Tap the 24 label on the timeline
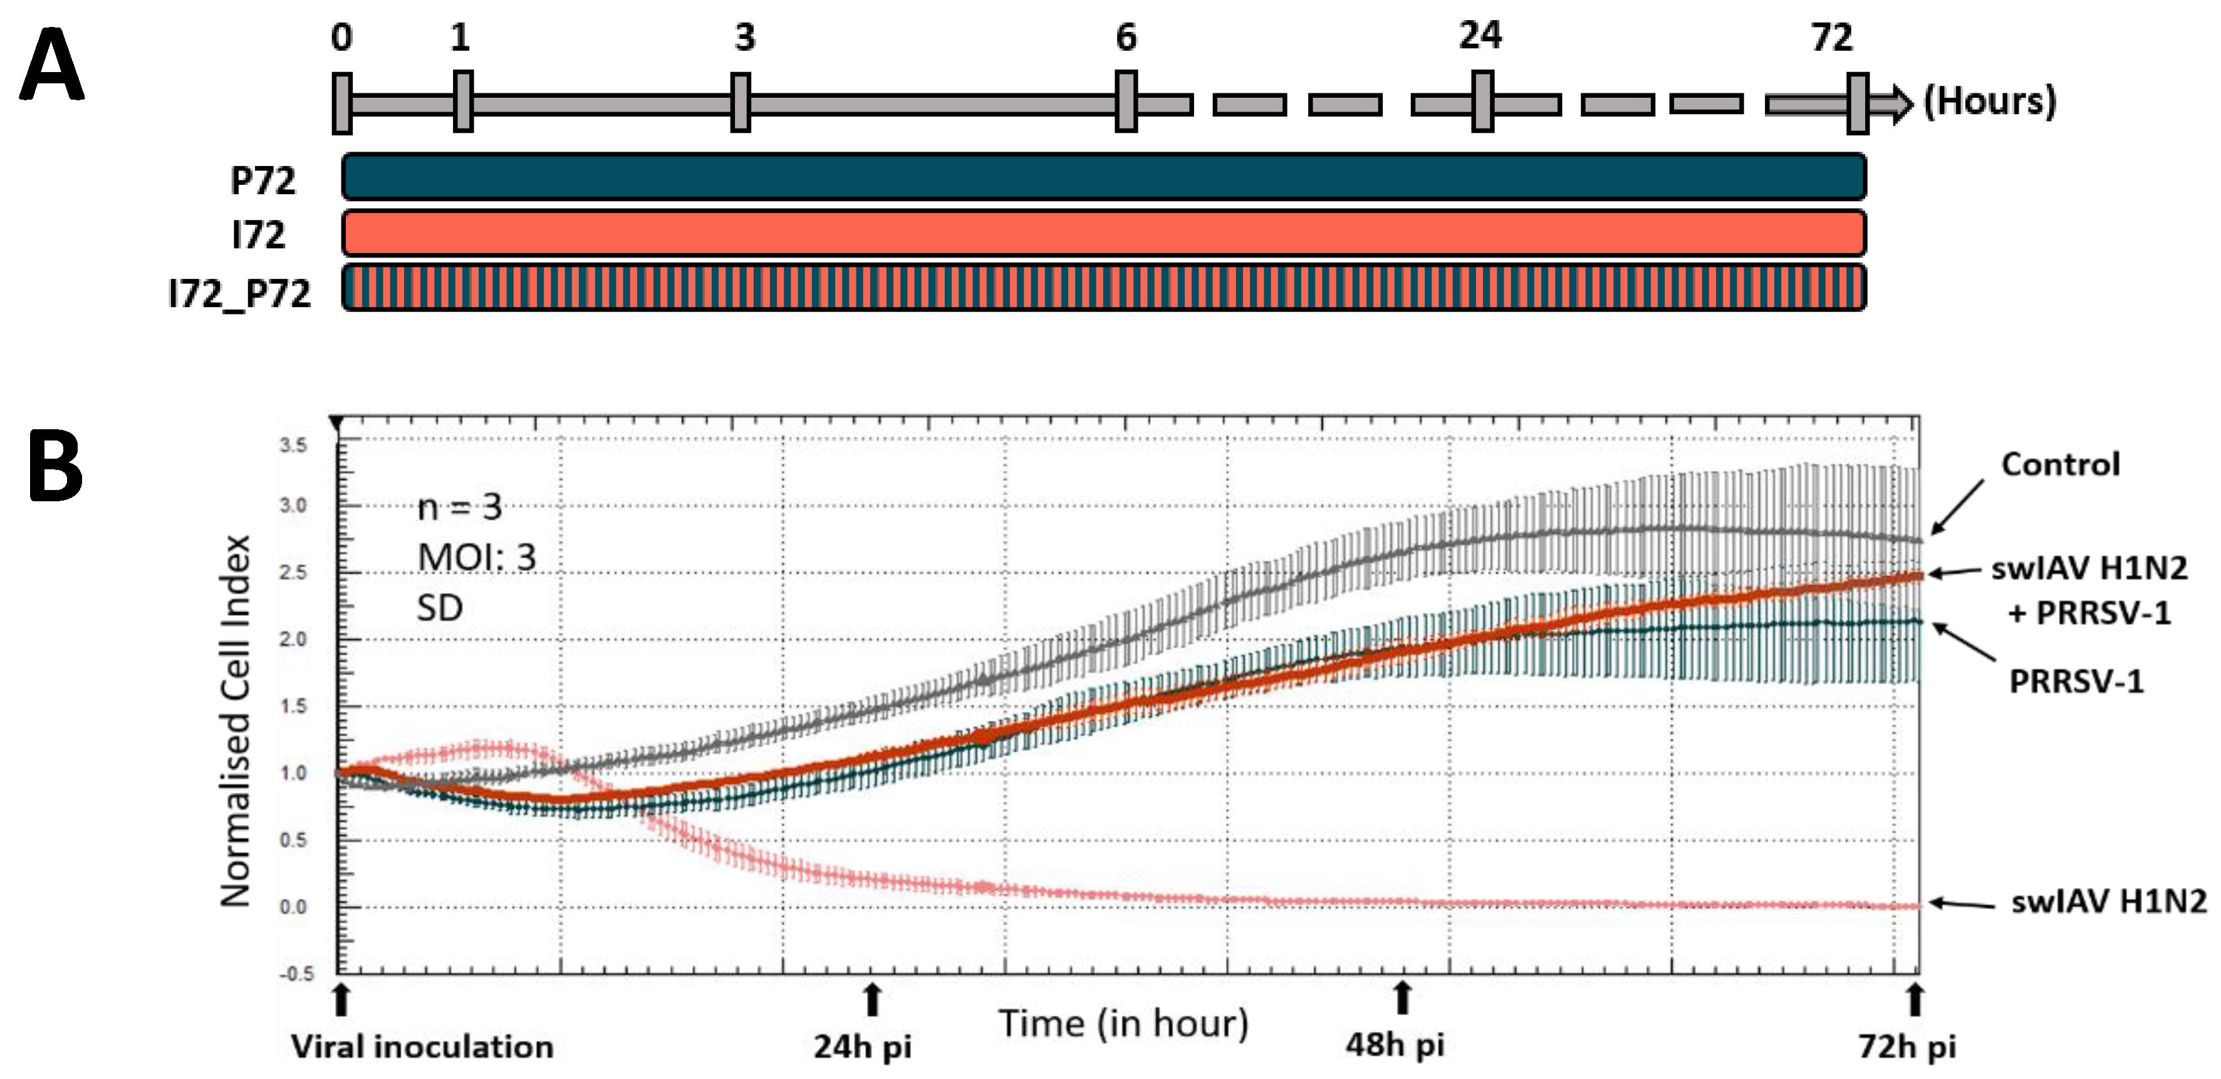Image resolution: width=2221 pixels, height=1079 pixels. pyautogui.click(x=1479, y=36)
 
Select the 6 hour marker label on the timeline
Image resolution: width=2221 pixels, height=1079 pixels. pyautogui.click(x=1126, y=38)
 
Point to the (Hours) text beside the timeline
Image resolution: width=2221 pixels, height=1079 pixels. pyautogui.click(x=1989, y=102)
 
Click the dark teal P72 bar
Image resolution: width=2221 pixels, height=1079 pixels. pyautogui.click(x=1103, y=177)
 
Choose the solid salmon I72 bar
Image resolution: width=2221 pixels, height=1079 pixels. pyautogui.click(x=1103, y=233)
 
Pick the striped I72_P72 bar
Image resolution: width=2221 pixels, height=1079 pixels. pyautogui.click(x=1103, y=288)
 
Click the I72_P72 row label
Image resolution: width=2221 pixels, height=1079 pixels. pyautogui.click(x=240, y=294)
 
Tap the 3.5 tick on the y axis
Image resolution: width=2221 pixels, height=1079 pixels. pyautogui.click(x=293, y=445)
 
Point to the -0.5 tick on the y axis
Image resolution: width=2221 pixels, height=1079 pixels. pyautogui.click(x=296, y=973)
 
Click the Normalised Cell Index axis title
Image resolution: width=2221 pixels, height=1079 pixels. pyautogui.click(x=234, y=721)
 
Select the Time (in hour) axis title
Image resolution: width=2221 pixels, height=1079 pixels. pyautogui.click(x=1123, y=1024)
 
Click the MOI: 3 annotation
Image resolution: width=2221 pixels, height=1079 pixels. pyautogui.click(x=477, y=558)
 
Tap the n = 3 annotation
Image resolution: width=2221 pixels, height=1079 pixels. pyautogui.click(x=459, y=507)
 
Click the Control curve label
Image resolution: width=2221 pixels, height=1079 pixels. pyautogui.click(x=2060, y=465)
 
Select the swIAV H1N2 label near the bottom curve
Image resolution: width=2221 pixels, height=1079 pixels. pyautogui.click(x=2108, y=901)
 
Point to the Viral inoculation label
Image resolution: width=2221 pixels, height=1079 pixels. pyautogui.click(x=422, y=1047)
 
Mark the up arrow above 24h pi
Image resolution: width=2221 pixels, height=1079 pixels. pyautogui.click(x=873, y=1001)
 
